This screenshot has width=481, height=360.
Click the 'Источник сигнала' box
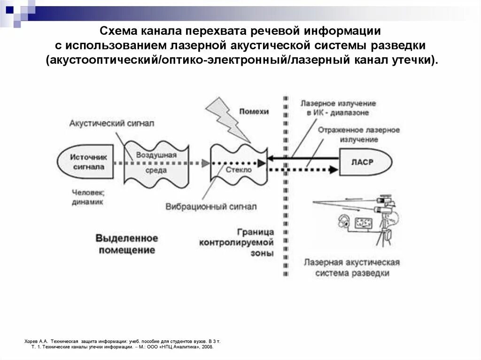[89, 162]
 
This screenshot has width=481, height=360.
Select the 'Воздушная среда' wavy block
[156, 163]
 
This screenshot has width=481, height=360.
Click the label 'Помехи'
[254, 111]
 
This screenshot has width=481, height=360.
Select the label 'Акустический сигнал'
[112, 123]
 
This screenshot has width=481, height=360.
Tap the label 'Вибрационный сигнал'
[211, 206]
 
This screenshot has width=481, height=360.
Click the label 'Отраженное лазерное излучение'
[358, 134]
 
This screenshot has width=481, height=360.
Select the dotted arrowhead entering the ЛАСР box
[334, 169]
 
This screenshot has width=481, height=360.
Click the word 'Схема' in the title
[118, 32]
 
